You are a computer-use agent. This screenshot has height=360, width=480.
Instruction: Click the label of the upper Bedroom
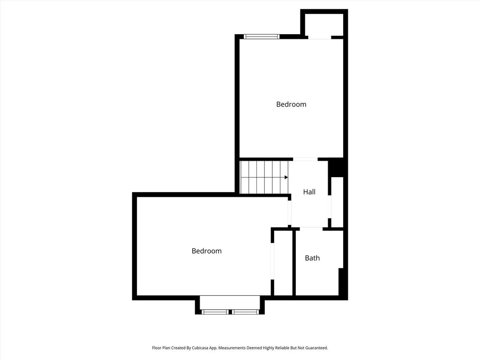(291, 105)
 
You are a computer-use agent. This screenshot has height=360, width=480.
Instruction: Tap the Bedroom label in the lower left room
(207, 251)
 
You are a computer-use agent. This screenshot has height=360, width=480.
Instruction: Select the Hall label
(309, 192)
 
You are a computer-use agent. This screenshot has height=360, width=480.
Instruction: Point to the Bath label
(312, 258)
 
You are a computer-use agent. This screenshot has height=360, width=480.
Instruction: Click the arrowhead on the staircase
(286, 177)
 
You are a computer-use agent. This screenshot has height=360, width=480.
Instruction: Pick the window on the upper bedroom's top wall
(262, 37)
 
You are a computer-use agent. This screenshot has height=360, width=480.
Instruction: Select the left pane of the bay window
(215, 312)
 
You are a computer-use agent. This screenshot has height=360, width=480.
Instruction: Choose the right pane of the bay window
(245, 312)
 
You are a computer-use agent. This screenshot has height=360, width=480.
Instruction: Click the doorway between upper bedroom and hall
(305, 159)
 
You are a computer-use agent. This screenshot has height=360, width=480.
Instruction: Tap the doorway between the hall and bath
(311, 228)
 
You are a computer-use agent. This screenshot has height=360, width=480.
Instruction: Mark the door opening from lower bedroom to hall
(290, 213)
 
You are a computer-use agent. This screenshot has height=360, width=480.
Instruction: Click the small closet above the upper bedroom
(324, 24)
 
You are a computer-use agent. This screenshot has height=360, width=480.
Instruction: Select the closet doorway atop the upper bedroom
(320, 37)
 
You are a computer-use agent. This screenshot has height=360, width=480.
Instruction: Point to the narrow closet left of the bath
(283, 263)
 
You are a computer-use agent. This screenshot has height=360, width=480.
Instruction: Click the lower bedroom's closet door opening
(272, 261)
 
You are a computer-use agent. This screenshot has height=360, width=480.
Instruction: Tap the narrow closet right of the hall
(337, 202)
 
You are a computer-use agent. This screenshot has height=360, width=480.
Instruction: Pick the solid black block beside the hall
(336, 168)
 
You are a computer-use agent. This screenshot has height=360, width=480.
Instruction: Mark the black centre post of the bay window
(230, 312)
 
